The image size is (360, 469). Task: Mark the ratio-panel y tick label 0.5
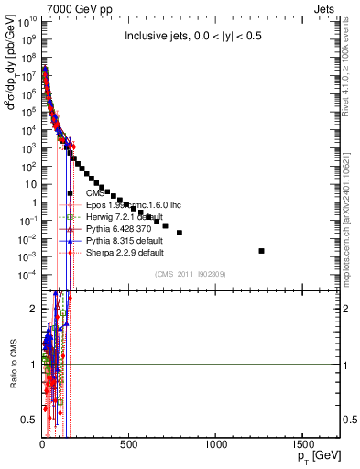(30, 420)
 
